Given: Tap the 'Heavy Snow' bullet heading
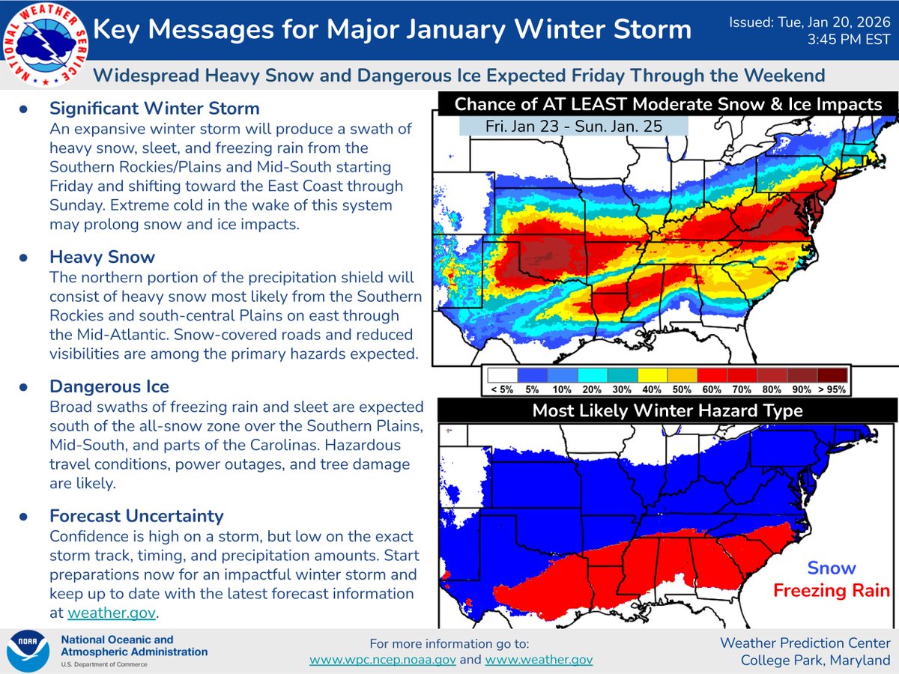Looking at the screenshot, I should tap(102, 257).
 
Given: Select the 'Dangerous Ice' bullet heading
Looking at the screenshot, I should tap(109, 386).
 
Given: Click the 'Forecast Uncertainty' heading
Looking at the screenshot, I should tap(136, 516).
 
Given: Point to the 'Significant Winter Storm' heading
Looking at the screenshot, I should tap(154, 109).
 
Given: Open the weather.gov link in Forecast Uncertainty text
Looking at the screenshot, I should tap(112, 613).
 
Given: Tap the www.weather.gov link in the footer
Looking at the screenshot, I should tap(539, 660).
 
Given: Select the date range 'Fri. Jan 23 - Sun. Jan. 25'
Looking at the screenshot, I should tap(574, 127).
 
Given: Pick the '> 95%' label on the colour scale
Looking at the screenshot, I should tap(832, 389).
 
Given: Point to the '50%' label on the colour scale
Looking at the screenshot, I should tap(682, 389).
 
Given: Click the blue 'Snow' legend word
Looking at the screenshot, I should tap(831, 568).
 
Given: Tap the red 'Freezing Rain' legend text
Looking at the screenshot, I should tap(831, 591).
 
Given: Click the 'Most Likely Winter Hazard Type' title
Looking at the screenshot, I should tap(668, 410).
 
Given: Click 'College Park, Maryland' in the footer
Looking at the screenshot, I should tap(816, 660).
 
